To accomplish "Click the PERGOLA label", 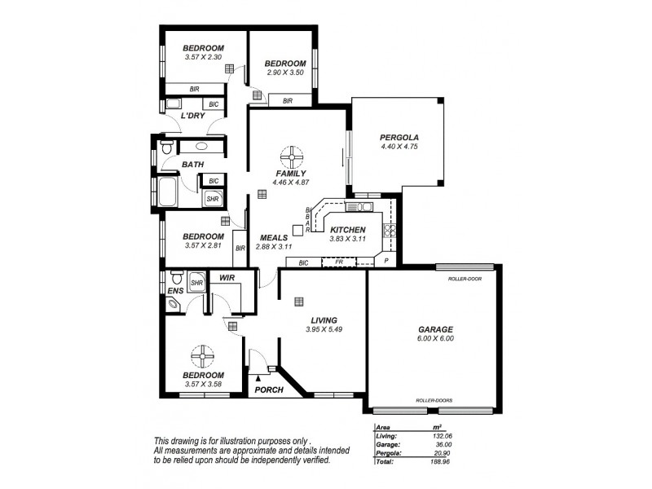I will [x=399, y=137].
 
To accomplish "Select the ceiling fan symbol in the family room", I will [x=291, y=155].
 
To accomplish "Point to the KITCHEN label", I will [x=349, y=231].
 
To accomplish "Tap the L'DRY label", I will [x=192, y=117].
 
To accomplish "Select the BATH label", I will [x=192, y=165].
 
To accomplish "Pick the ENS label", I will [x=174, y=290].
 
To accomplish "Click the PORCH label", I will [x=269, y=390].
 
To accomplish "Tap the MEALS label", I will [x=272, y=237].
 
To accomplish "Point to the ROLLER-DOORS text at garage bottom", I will [x=433, y=401].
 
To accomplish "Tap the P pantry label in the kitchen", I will [x=386, y=262].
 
